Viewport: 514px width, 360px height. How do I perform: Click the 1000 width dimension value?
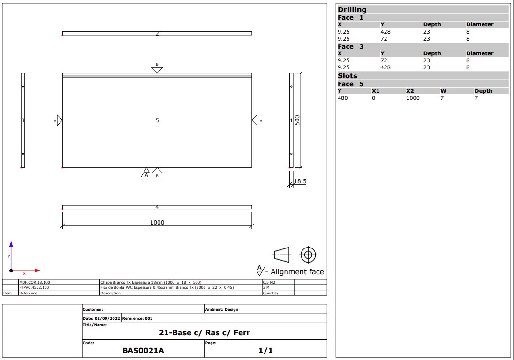[x=157, y=222]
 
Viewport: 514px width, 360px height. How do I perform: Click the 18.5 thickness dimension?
[x=300, y=181]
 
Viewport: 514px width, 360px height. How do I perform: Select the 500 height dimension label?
[x=297, y=120]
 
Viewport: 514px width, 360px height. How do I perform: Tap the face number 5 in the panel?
[x=157, y=120]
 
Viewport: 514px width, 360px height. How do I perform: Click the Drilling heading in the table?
[x=352, y=9]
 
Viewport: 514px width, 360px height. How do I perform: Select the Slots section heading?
[x=348, y=75]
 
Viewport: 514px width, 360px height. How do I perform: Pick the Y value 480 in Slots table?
[x=342, y=98]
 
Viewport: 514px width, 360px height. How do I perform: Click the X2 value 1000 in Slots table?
[x=413, y=98]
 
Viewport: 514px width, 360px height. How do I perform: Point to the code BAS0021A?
[x=143, y=351]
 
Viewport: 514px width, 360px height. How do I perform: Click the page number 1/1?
[x=265, y=351]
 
